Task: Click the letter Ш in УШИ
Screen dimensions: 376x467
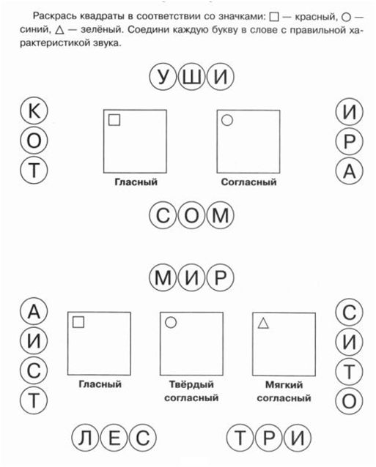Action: point(191,77)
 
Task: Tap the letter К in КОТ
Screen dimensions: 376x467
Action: point(34,111)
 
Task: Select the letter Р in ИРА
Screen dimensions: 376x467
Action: point(350,141)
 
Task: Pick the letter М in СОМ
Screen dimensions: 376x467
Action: point(221,215)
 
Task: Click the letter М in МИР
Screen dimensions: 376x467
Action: point(163,277)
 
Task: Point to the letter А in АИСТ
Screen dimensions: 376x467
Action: point(34,312)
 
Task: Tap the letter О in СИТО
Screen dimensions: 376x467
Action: point(349,400)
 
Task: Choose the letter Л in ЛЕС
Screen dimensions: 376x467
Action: point(85,438)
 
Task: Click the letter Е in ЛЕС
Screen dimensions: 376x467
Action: point(114,438)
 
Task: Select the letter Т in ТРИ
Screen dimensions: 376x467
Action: point(240,438)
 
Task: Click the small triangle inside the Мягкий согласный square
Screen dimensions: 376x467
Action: point(263,323)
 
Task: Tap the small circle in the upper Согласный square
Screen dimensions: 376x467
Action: point(227,120)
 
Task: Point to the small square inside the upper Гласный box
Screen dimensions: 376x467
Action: point(114,120)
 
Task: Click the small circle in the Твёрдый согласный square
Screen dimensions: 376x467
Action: point(171,322)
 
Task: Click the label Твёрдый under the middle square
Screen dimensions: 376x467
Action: point(191,384)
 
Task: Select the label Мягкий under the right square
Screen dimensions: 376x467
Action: point(284,385)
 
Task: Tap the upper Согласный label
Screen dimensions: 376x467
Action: point(248,182)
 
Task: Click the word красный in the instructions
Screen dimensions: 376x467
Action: point(315,17)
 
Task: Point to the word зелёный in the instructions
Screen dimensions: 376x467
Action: point(100,30)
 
